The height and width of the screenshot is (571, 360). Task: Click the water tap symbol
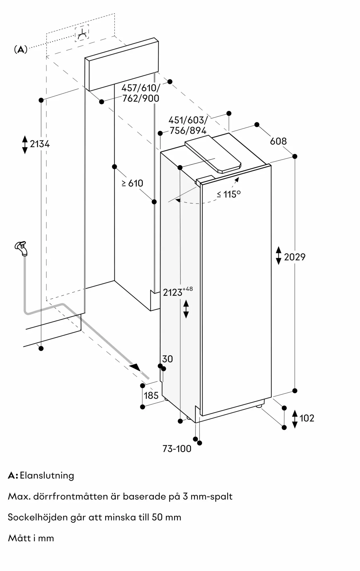click(21, 248)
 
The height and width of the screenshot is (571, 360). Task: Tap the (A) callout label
click(21, 50)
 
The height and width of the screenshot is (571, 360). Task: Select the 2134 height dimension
click(40, 144)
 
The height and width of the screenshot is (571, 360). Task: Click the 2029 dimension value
click(295, 257)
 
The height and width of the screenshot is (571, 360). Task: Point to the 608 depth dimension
click(278, 141)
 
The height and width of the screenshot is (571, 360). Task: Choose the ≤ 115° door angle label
click(229, 194)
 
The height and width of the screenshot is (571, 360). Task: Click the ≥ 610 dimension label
click(133, 183)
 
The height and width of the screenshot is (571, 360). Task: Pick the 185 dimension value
click(151, 396)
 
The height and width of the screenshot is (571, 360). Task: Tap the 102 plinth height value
click(307, 418)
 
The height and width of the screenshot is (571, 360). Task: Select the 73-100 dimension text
click(177, 449)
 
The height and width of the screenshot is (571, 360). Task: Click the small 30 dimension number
click(167, 359)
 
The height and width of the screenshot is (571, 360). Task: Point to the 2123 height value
click(173, 293)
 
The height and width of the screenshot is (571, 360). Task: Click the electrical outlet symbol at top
click(82, 33)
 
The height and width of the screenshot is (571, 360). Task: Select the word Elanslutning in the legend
click(47, 476)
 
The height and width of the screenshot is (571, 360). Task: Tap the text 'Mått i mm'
click(31, 538)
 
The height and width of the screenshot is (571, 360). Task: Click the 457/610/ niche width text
click(141, 88)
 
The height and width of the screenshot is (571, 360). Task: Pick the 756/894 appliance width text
click(188, 130)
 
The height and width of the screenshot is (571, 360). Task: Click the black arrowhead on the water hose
click(135, 367)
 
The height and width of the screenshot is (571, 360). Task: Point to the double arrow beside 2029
click(279, 256)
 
